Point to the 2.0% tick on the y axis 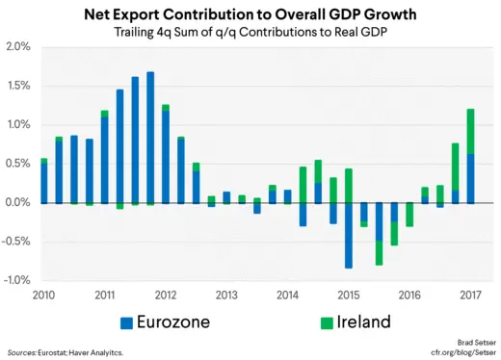[19, 47]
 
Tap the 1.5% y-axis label [19, 86]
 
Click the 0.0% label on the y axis [19, 202]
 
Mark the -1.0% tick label [17, 280]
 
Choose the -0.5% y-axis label [17, 242]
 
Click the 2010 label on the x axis [44, 294]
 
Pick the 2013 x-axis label [225, 294]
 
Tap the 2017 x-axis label [470, 294]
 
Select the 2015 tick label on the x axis [348, 294]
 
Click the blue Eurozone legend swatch [126, 321]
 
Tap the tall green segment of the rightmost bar [470, 131]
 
